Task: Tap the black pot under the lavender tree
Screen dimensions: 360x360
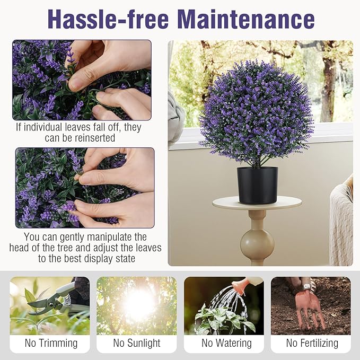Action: pos(257,185)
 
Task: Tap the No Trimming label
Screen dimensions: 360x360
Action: pos(51,343)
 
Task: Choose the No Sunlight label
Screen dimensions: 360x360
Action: pos(137,343)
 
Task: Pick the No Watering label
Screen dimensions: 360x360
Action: pos(223,343)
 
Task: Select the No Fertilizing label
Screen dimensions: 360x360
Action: pos(312,343)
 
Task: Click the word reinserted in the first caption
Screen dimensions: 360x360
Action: pos(99,138)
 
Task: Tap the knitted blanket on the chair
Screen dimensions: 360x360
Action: pos(341,223)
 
